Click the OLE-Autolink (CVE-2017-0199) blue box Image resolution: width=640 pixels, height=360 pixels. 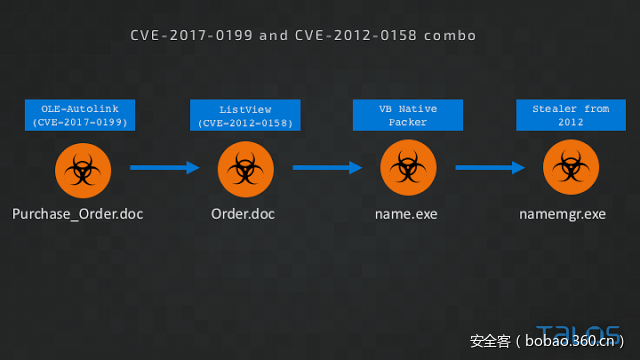coord(79,115)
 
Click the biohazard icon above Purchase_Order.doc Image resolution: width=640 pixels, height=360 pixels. coord(79,168)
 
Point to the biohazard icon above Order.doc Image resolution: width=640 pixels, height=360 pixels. coord(243,168)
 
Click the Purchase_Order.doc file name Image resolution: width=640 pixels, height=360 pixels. coord(79,214)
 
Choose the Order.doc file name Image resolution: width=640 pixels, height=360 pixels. coord(243,214)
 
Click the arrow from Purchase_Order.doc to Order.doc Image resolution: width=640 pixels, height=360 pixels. coord(165,168)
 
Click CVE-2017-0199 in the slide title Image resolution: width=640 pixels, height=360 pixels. coord(191,35)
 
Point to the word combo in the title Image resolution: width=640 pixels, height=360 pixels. coord(449,35)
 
